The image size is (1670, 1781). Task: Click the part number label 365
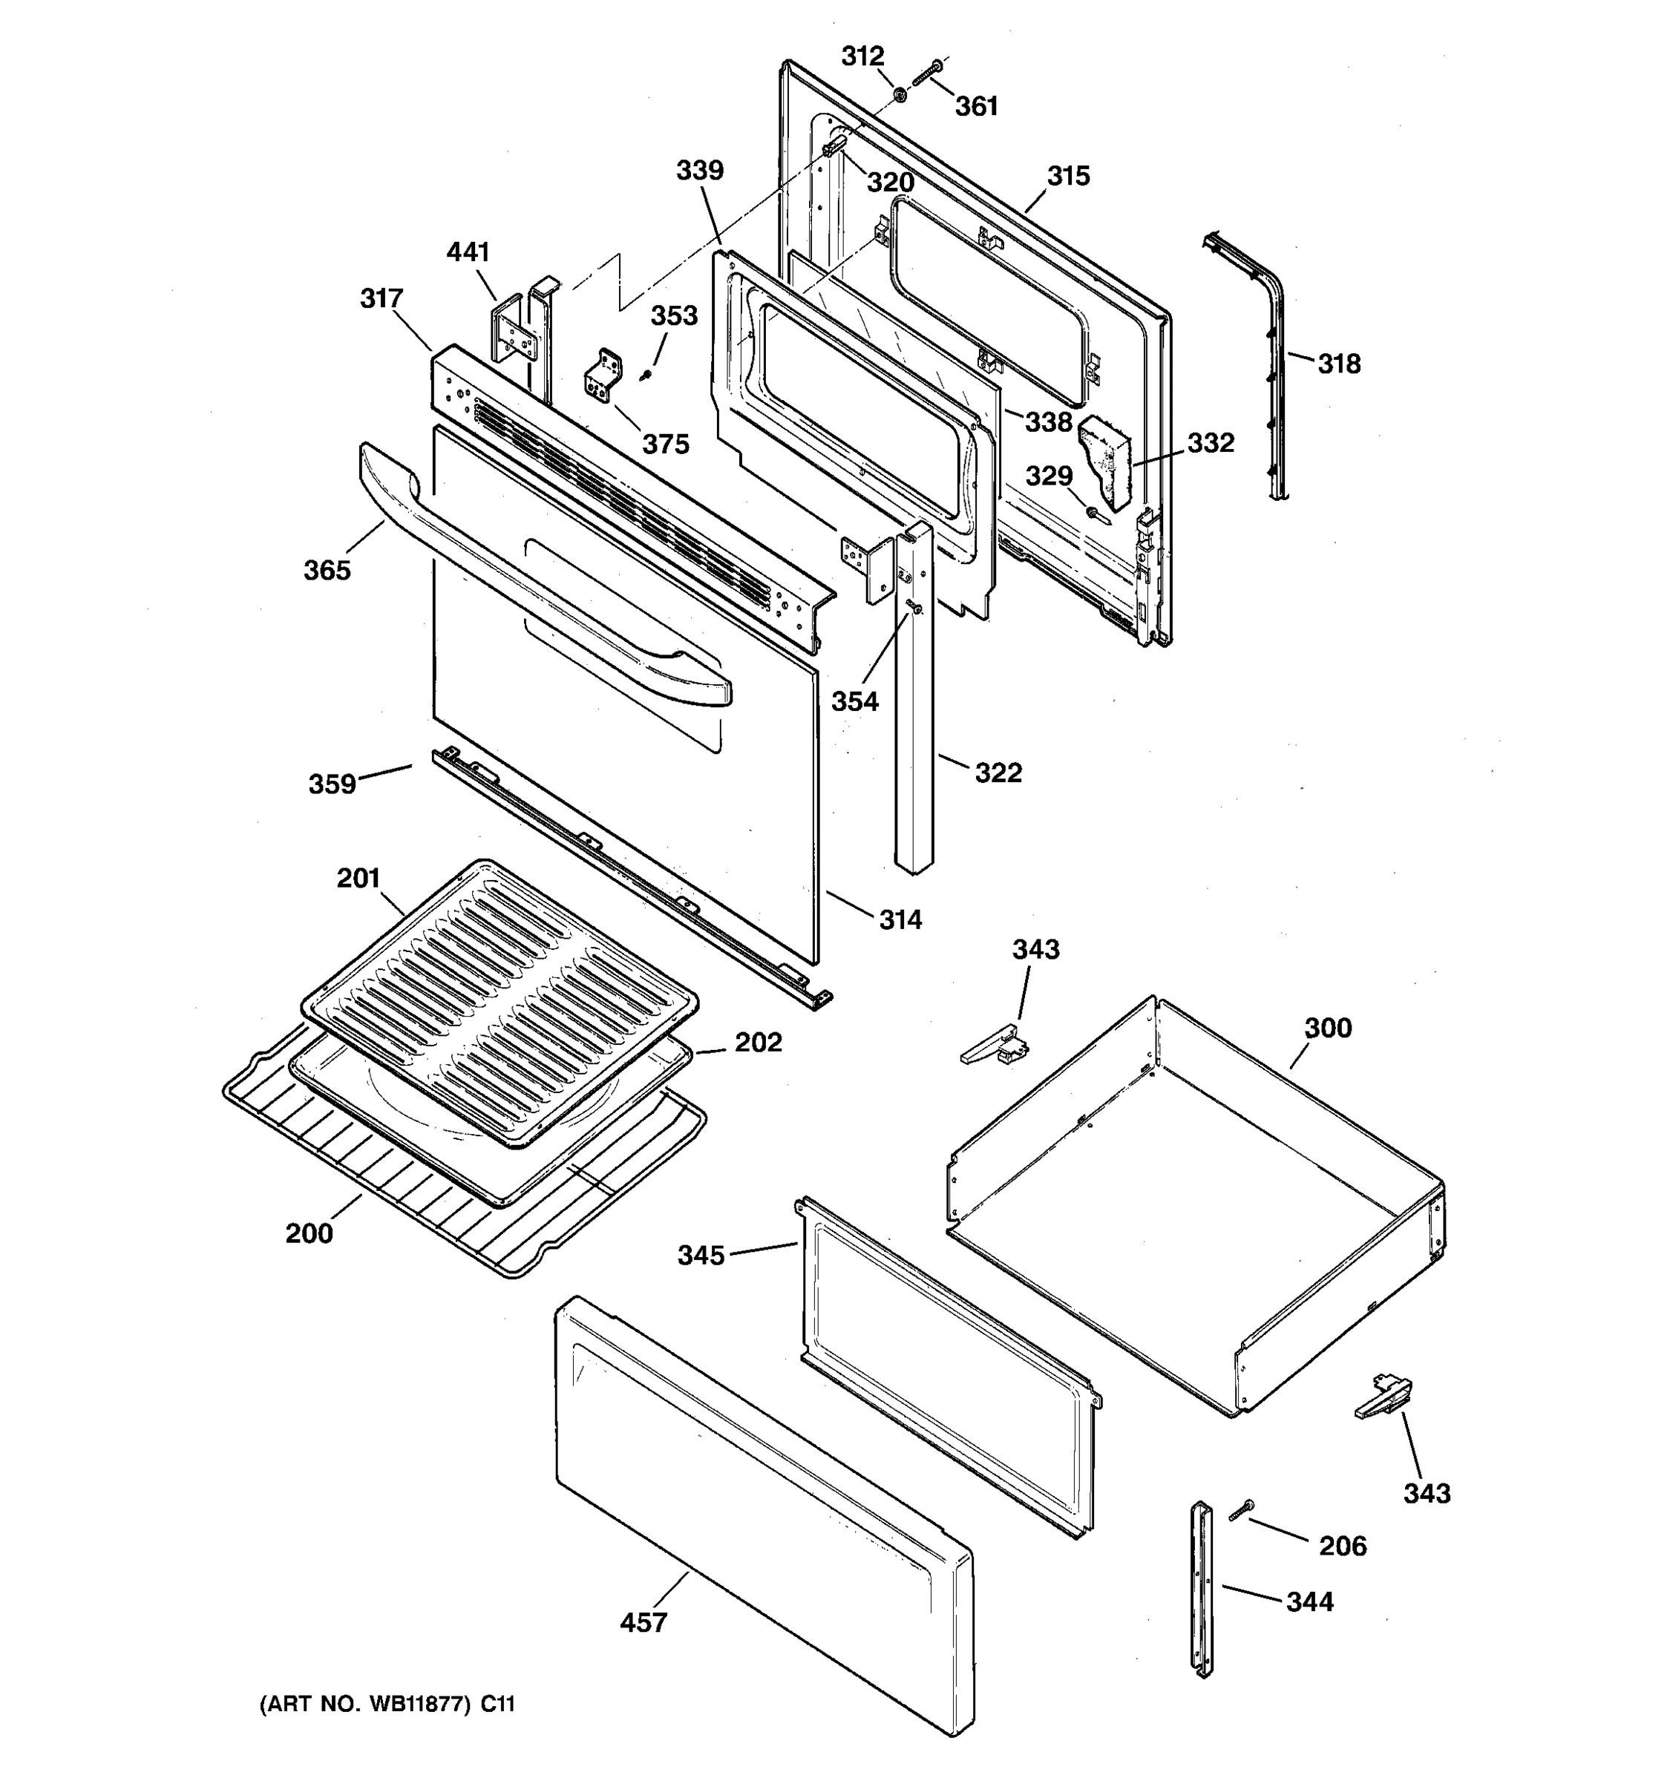tap(327, 570)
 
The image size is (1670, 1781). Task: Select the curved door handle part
tap(537, 582)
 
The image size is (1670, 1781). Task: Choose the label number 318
tap(1338, 364)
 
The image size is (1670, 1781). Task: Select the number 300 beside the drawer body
tap(1327, 1028)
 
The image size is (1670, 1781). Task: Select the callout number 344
tap(1310, 1602)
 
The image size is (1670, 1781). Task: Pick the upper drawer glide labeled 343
tap(995, 1046)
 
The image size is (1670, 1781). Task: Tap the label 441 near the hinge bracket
tap(468, 252)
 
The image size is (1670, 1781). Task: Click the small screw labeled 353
tap(644, 376)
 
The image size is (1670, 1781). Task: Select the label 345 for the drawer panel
tap(701, 1255)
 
